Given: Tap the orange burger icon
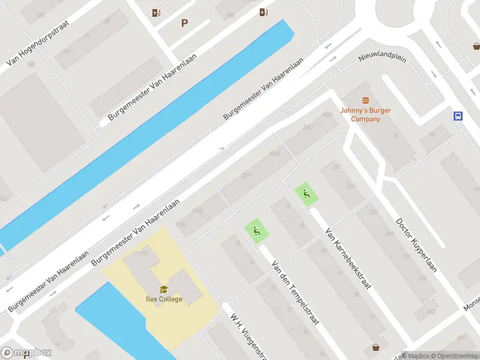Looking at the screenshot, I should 365,101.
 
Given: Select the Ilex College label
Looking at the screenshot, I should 163,299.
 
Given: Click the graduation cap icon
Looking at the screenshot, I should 164,289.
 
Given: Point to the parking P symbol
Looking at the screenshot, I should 184,23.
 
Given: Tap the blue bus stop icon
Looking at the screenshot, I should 458,116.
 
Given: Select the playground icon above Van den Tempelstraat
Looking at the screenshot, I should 256,230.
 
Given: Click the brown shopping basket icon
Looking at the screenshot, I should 376,347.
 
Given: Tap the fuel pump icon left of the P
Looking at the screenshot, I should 156,13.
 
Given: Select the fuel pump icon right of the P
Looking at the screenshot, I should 263,12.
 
